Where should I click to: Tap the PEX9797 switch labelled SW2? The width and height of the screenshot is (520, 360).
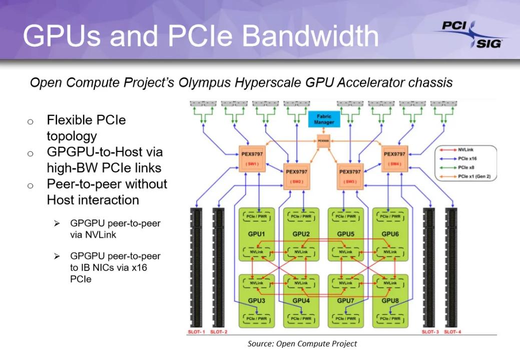tap(297, 175)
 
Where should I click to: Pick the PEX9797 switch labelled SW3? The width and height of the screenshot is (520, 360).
tap(350, 175)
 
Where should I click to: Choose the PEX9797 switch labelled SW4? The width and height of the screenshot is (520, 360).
tap(395, 158)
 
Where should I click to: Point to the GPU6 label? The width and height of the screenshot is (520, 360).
tap(390, 233)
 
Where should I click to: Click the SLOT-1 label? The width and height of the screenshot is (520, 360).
tap(193, 331)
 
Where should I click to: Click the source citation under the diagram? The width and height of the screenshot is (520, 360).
tap(302, 344)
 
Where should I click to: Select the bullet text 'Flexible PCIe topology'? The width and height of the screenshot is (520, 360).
tap(86, 128)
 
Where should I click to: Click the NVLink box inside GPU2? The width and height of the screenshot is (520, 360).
tap(301, 253)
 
